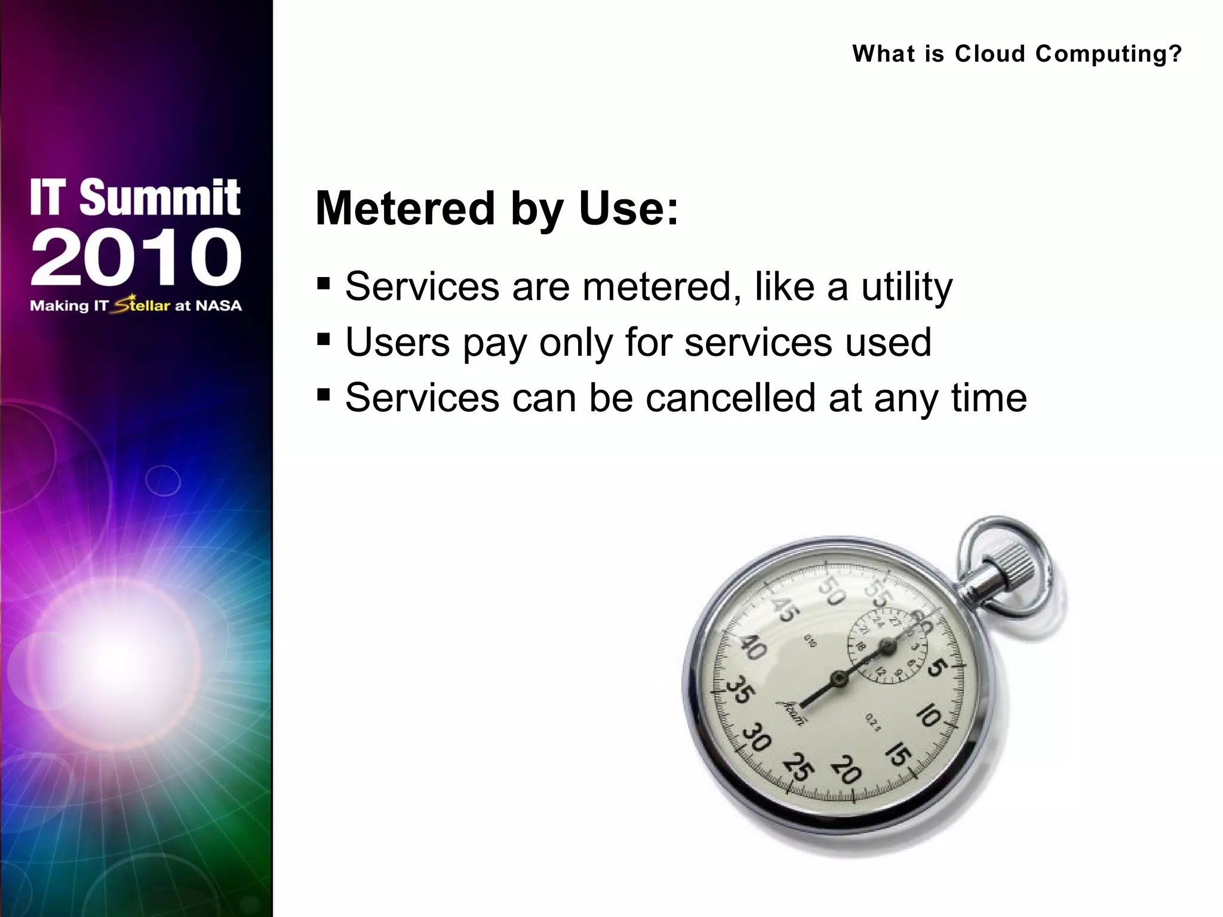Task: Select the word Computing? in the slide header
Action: (1108, 54)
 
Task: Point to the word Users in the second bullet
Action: (397, 342)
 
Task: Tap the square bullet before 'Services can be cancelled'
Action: (324, 395)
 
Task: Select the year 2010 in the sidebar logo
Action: (136, 257)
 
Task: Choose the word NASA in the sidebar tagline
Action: (219, 306)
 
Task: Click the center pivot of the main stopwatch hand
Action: (839, 678)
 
